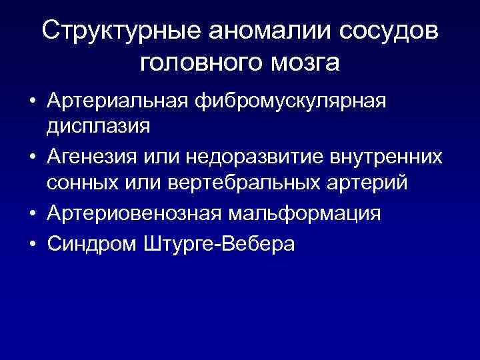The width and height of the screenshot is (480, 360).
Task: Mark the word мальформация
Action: click(x=306, y=214)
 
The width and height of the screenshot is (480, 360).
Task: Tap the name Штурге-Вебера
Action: click(x=218, y=244)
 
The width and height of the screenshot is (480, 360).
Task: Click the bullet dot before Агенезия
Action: click(x=32, y=157)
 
